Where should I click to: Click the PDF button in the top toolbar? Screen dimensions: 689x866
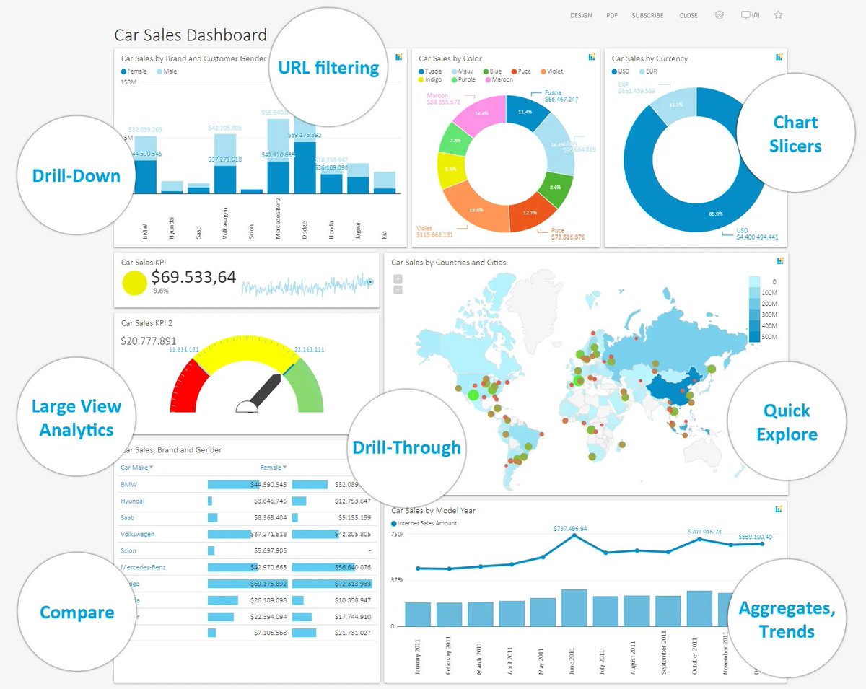(x=611, y=15)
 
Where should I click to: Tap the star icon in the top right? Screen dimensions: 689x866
(x=778, y=15)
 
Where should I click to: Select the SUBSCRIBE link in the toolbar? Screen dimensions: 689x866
(x=647, y=15)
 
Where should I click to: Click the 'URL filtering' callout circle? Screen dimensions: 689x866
(x=328, y=68)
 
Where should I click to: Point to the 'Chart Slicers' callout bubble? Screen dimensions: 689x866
(x=795, y=134)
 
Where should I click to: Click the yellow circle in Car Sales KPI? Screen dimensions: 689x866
(x=134, y=283)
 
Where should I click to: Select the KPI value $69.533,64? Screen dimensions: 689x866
(x=193, y=276)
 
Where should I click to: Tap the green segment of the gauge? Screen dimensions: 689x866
(x=306, y=386)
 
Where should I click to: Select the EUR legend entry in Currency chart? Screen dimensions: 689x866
(x=647, y=71)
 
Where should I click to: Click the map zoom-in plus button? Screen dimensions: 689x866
(x=398, y=278)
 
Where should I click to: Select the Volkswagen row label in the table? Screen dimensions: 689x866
(x=137, y=534)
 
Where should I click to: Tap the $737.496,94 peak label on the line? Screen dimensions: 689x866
(x=569, y=528)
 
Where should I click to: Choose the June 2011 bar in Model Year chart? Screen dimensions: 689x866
(x=574, y=607)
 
